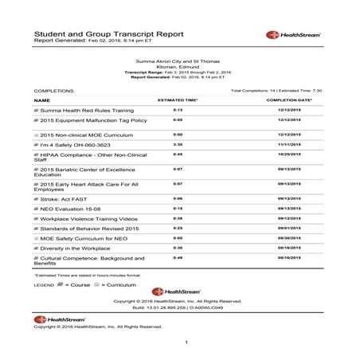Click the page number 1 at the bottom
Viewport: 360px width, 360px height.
(185, 342)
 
